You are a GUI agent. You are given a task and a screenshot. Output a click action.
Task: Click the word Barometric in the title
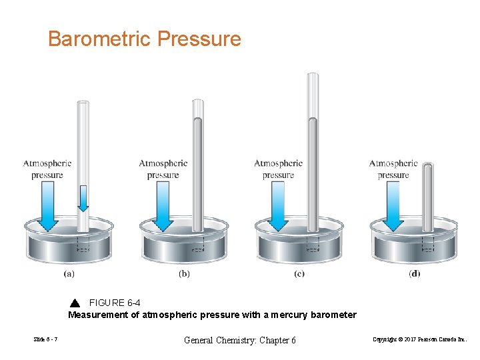(x=99, y=39)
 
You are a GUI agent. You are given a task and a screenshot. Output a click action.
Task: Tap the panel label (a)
(x=69, y=274)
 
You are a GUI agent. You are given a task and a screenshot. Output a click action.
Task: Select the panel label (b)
(x=185, y=274)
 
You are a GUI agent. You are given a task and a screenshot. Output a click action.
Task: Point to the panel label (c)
(x=299, y=274)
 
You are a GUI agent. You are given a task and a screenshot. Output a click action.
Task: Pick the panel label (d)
(x=415, y=274)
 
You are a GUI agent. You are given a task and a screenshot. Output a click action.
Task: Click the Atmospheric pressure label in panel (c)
(x=278, y=169)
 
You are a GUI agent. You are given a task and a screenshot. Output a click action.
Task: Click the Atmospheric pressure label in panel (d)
(x=393, y=169)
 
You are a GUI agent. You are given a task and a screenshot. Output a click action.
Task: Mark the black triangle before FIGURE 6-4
(x=75, y=303)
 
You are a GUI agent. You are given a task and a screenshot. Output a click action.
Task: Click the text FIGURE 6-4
(x=115, y=303)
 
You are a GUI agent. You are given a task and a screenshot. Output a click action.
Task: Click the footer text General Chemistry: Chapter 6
(x=240, y=340)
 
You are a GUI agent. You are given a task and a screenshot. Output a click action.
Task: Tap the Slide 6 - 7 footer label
(x=45, y=340)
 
